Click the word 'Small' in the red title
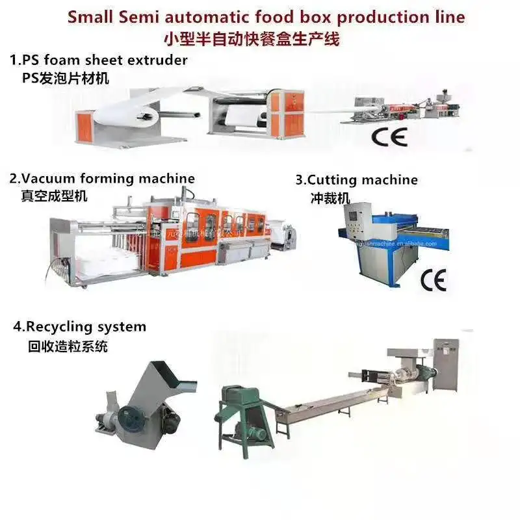point(93,17)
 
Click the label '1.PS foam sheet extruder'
point(98,60)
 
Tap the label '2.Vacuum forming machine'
point(101,178)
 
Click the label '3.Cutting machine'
point(357,179)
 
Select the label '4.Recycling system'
point(79,326)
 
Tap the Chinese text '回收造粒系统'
point(68,346)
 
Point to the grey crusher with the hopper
point(140,403)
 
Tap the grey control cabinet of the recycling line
point(446,364)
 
